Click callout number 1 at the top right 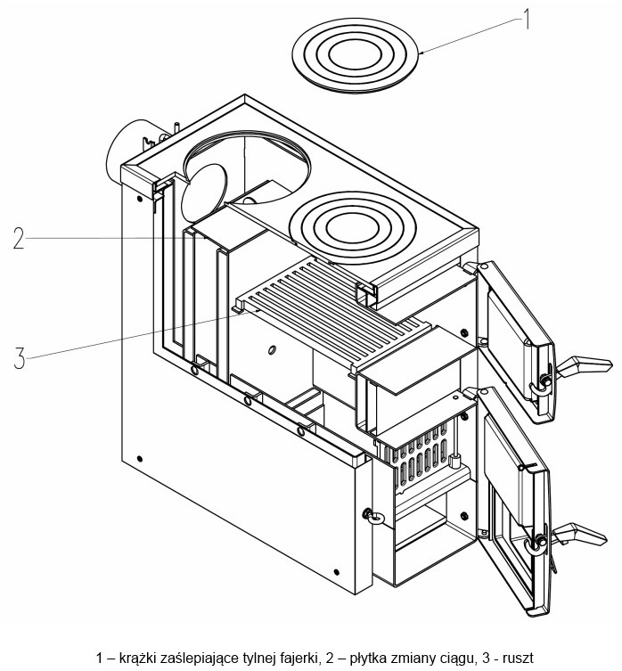pos(527,20)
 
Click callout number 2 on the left pos(19,238)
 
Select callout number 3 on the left pos(20,358)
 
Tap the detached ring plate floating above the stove pos(355,55)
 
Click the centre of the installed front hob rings pos(353,227)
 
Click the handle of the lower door pos(578,534)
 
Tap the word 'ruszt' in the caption pos(519,658)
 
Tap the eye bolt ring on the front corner pos(374,516)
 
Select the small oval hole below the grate pos(271,350)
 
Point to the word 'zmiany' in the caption pos(407,658)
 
